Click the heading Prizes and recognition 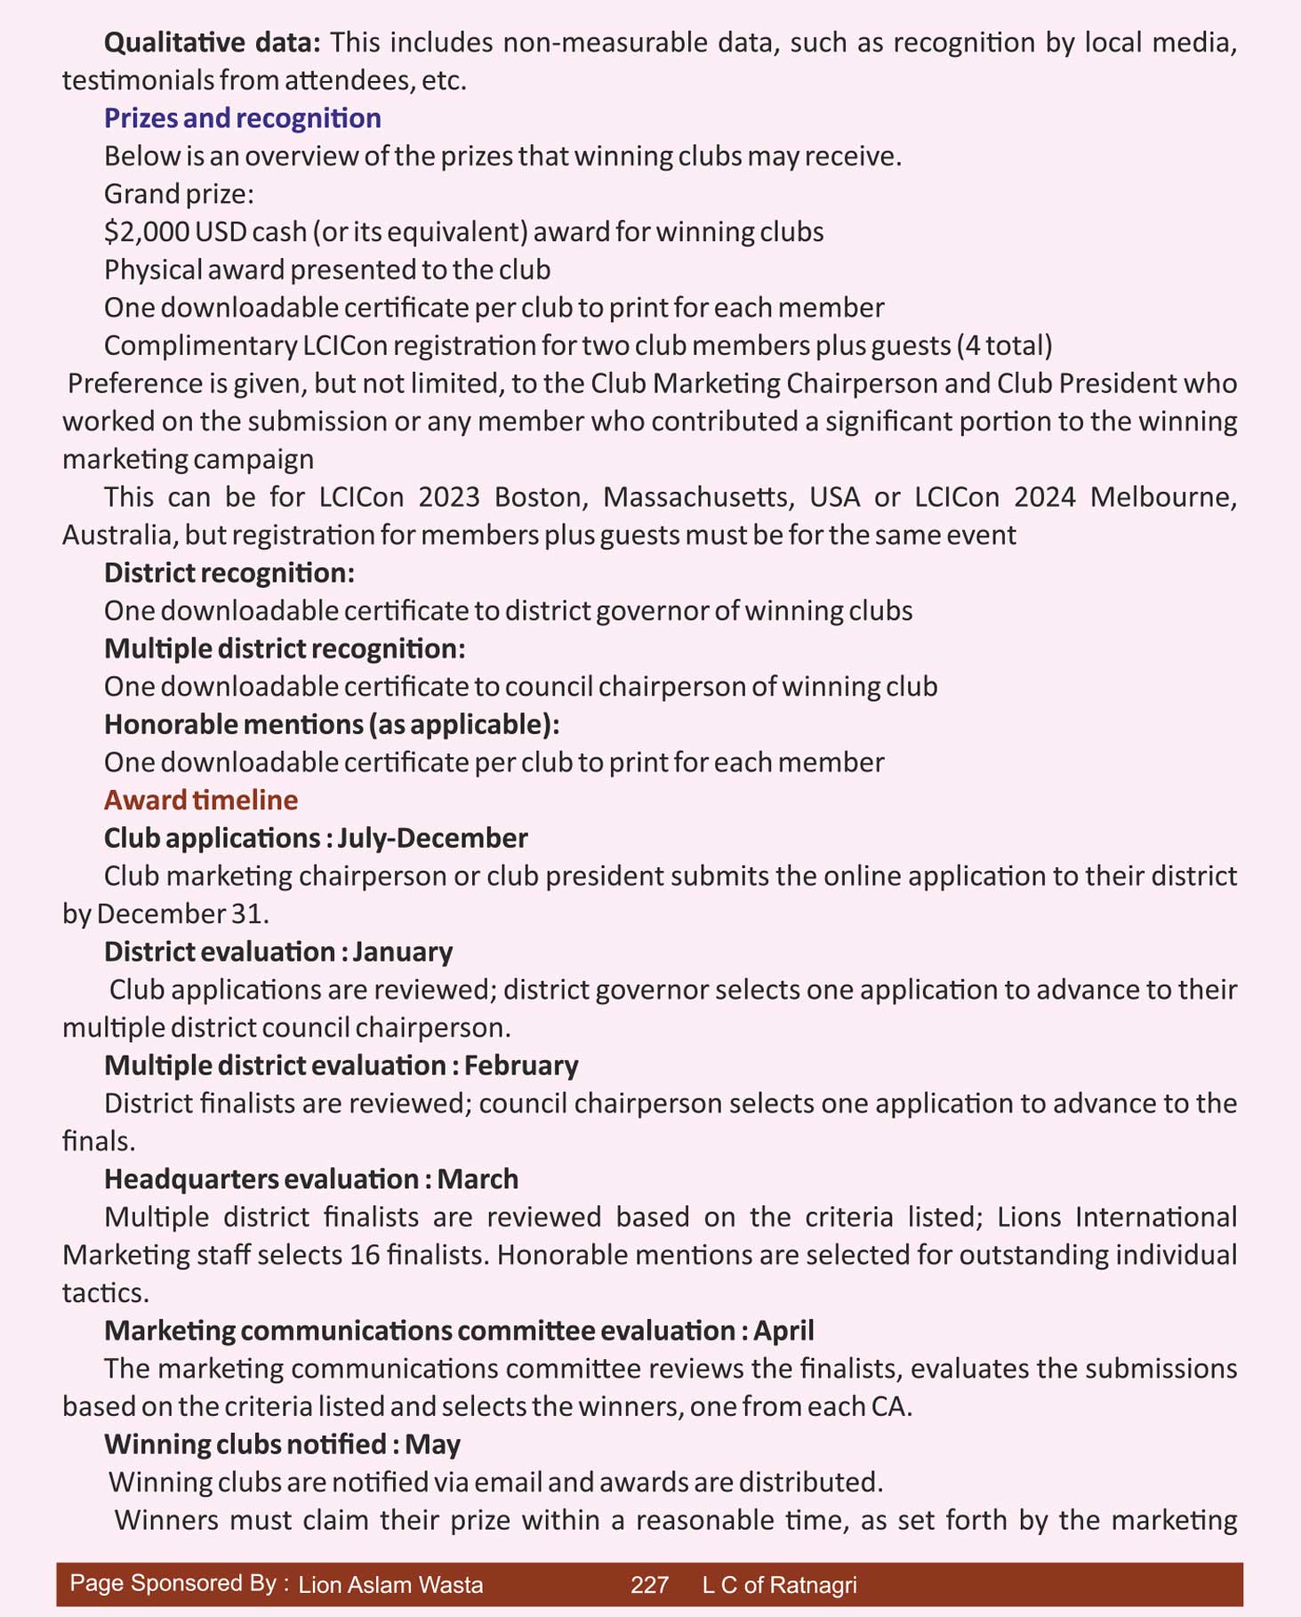coord(242,118)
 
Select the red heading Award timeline coord(201,800)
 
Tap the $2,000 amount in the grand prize coord(147,232)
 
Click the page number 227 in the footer coord(649,1585)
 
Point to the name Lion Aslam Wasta coord(390,1585)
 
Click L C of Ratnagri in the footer coord(779,1585)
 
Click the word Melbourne coord(1162,496)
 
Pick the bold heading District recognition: coord(229,573)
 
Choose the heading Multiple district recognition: coord(285,648)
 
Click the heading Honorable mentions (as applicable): coord(332,724)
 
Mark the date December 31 coord(181,914)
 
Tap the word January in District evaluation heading coord(403,952)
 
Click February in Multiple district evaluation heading coord(521,1066)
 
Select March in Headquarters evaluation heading coord(478,1179)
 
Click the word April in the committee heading coord(783,1331)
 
